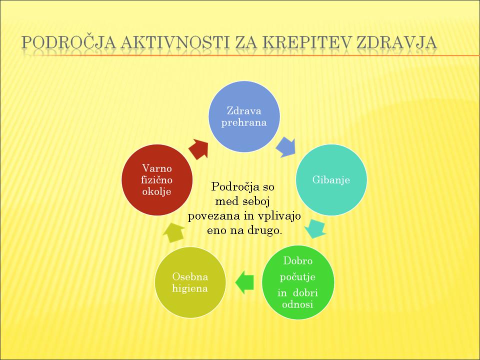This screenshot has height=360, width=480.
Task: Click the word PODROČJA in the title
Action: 69,42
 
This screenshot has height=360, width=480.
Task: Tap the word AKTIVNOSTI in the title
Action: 175,42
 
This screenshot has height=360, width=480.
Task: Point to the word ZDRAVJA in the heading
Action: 396,42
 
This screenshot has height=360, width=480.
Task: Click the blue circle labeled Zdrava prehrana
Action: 244,116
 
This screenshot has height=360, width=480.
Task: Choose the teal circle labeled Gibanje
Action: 331,179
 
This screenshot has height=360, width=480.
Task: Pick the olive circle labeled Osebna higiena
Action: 190,282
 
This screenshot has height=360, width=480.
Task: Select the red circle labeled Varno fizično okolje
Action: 157,179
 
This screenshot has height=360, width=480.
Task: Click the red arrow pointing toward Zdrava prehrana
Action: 199,149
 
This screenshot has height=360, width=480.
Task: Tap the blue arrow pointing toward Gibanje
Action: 286,147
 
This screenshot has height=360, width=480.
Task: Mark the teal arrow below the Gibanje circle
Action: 315,228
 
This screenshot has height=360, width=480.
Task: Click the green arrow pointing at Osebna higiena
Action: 244,282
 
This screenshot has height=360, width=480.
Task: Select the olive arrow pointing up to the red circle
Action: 174,232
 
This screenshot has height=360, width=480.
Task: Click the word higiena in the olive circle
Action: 190,288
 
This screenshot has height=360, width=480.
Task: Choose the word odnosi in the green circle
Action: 297,304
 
